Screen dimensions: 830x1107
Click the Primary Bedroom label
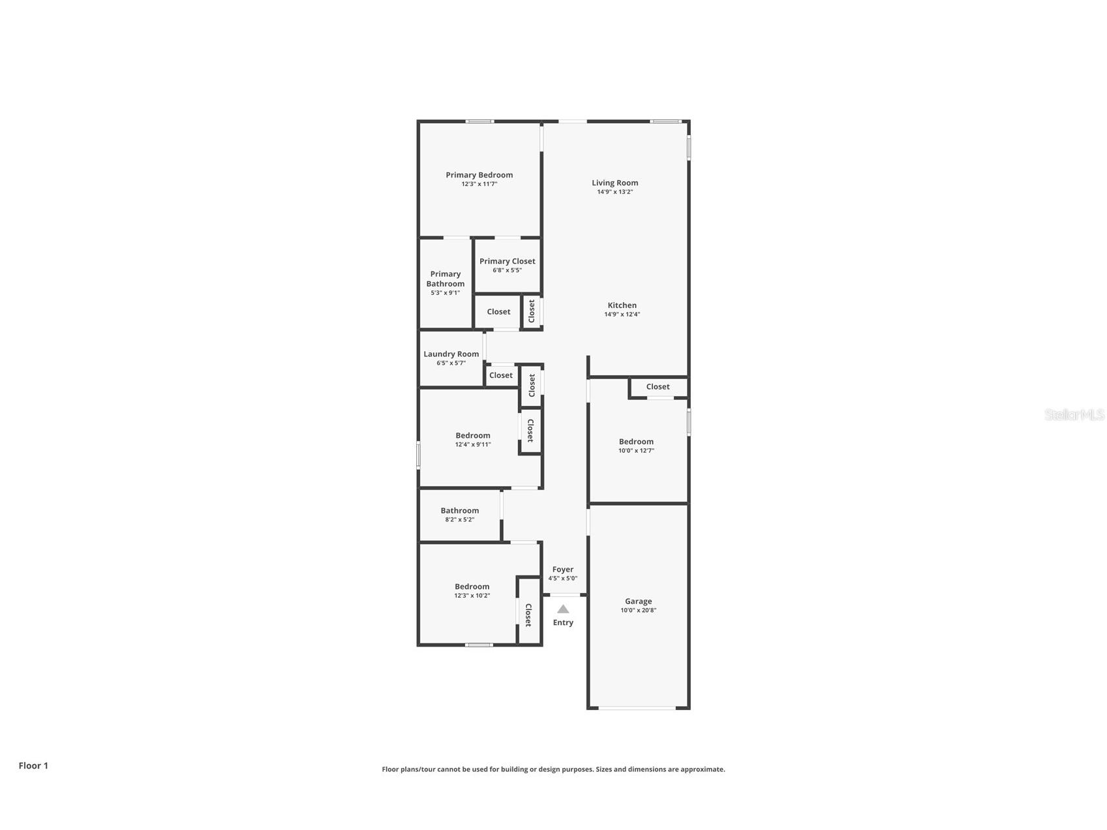click(x=479, y=175)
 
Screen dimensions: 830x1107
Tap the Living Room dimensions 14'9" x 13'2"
click(x=614, y=192)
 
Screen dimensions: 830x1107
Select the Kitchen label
click(x=622, y=305)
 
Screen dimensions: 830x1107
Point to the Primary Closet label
click(x=507, y=261)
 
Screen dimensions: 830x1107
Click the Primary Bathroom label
click(x=446, y=279)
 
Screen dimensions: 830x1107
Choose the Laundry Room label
click(x=451, y=354)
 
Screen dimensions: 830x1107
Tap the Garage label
click(x=638, y=602)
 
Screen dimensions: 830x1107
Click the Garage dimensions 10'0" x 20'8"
click(x=638, y=611)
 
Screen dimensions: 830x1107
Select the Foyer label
click(x=562, y=570)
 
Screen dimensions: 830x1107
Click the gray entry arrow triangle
click(x=563, y=609)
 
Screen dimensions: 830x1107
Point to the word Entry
click(x=563, y=622)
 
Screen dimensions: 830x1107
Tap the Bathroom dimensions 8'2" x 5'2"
click(x=459, y=520)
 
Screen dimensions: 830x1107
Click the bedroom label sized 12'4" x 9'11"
click(x=472, y=436)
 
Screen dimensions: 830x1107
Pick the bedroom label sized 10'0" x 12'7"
click(x=636, y=442)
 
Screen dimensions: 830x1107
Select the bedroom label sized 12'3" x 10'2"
click(x=472, y=587)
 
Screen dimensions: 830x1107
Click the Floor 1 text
click(x=33, y=766)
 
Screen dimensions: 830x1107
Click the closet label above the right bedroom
click(x=658, y=387)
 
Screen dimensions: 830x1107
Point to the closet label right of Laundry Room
click(x=500, y=375)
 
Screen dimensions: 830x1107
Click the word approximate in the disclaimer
click(x=702, y=769)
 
